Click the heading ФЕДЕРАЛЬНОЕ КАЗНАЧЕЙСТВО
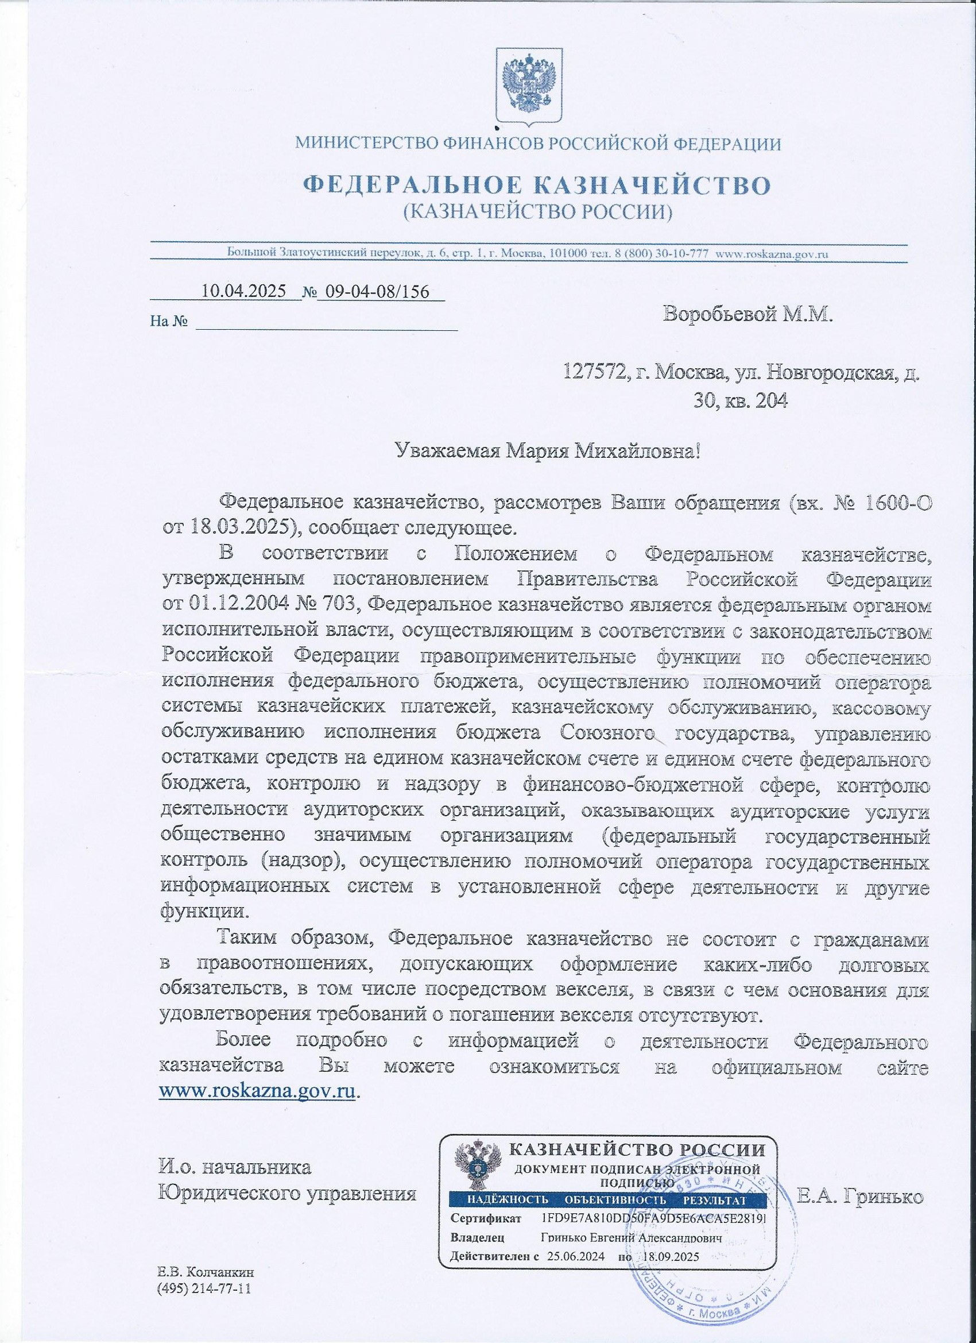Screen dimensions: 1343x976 [x=537, y=184]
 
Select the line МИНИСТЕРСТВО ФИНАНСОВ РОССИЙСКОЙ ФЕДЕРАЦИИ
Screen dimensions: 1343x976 [x=537, y=143]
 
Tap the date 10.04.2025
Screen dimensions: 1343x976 [x=245, y=291]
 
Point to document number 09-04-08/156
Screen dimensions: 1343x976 [x=381, y=291]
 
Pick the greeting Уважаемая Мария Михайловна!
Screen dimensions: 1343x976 [x=548, y=453]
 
